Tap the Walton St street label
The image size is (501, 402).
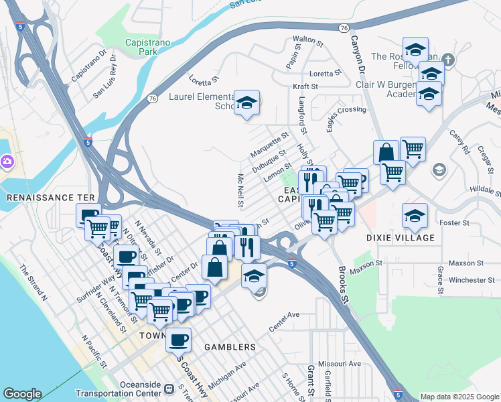[308, 40]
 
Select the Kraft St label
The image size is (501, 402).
[305, 86]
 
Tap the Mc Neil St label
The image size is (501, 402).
[241, 190]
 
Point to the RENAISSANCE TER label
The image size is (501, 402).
[42, 198]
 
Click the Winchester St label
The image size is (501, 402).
[472, 280]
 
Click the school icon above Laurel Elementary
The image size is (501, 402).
[248, 103]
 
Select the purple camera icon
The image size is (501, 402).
[7, 161]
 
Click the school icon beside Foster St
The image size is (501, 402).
[415, 215]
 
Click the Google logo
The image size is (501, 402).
[23, 394]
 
